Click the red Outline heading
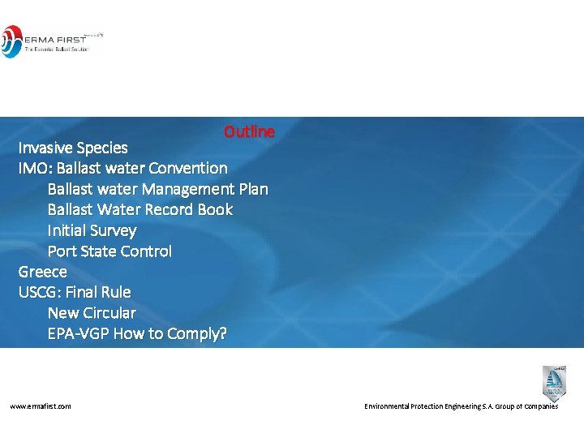tap(249, 131)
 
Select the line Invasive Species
tap(73, 148)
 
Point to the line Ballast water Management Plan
tap(157, 189)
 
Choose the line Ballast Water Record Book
tap(140, 209)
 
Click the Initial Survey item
tap(92, 230)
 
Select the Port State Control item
tap(109, 251)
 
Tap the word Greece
tap(43, 272)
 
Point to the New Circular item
tap(92, 313)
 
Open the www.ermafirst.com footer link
tap(41, 406)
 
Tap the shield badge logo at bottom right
tap(554, 382)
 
